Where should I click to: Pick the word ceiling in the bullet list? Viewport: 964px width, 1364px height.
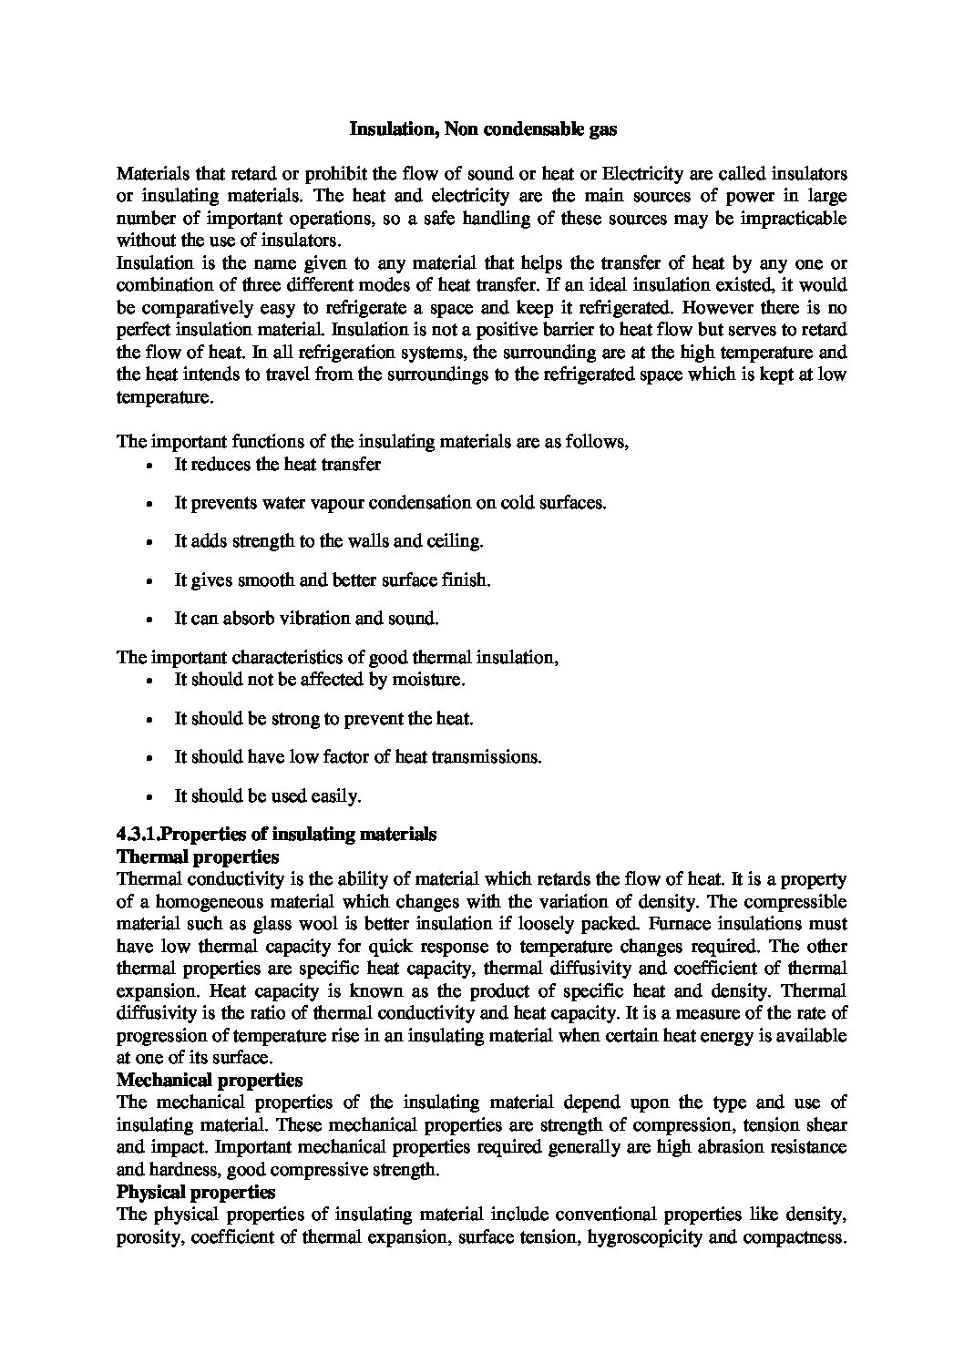coord(453,541)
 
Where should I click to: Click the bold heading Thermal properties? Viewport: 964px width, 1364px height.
coord(198,857)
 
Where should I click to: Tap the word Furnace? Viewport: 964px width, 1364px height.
coord(609,924)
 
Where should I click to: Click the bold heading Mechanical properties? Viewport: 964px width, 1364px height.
coord(210,1081)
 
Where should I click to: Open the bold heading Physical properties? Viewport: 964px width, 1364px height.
coord(196,1192)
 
